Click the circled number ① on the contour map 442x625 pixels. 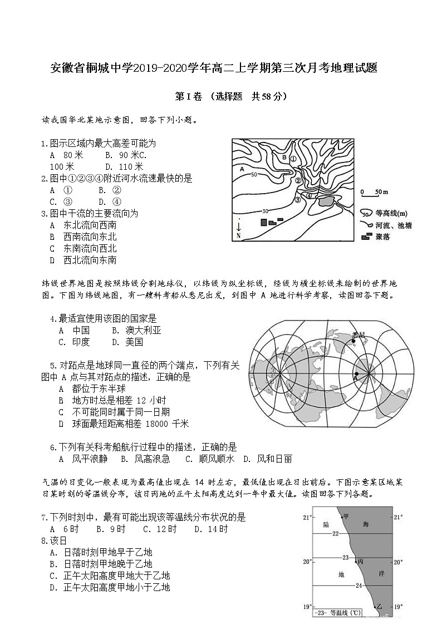[293, 159]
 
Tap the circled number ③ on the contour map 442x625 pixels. [297, 199]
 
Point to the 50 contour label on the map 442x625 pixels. [254, 175]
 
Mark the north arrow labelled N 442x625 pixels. [239, 229]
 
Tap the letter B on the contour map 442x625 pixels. [283, 158]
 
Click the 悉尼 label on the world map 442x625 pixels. [358, 334]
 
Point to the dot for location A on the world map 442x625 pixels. [357, 373]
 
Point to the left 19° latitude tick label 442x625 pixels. [306, 606]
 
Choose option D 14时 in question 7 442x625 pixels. [212, 529]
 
